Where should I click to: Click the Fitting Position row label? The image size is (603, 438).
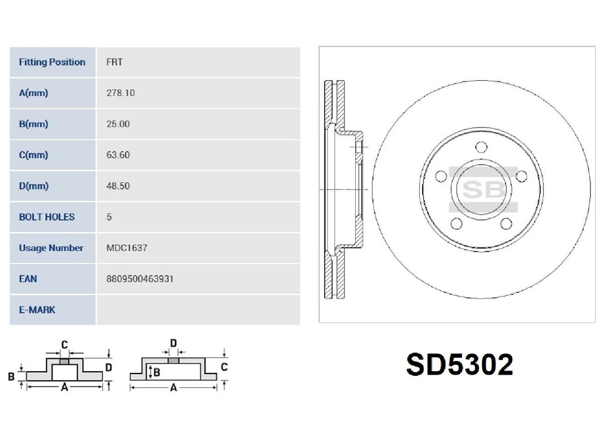[52, 62]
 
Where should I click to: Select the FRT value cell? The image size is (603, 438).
[115, 62]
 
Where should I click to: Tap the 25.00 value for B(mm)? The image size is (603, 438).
[118, 124]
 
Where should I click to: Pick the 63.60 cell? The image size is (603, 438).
[118, 155]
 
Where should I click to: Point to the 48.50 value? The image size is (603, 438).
[118, 186]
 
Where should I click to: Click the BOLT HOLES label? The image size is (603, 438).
[46, 217]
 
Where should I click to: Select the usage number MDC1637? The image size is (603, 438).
[127, 248]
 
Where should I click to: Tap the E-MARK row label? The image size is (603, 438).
[37, 309]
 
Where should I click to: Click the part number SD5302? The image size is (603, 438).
[459, 364]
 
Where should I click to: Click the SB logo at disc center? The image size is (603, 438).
[482, 189]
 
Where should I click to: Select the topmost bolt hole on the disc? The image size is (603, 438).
[481, 147]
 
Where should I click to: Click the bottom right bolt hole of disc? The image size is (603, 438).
[507, 224]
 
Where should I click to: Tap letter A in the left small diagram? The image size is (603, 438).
[64, 388]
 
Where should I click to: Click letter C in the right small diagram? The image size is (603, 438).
[224, 366]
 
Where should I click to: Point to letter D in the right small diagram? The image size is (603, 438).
[173, 344]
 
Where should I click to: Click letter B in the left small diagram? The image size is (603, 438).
[11, 377]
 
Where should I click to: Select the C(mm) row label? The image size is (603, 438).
[33, 155]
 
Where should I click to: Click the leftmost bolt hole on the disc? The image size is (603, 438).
[441, 176]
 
